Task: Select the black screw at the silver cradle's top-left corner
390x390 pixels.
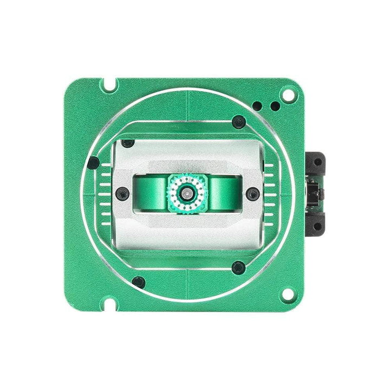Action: coord(127,144)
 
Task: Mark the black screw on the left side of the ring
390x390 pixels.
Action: coord(93,161)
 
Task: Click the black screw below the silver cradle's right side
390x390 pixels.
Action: coord(238,266)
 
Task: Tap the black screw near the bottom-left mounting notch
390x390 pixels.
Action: coord(138,281)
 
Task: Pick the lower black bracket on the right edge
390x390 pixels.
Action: coord(316,222)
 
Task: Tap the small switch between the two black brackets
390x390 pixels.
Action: coord(314,192)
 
